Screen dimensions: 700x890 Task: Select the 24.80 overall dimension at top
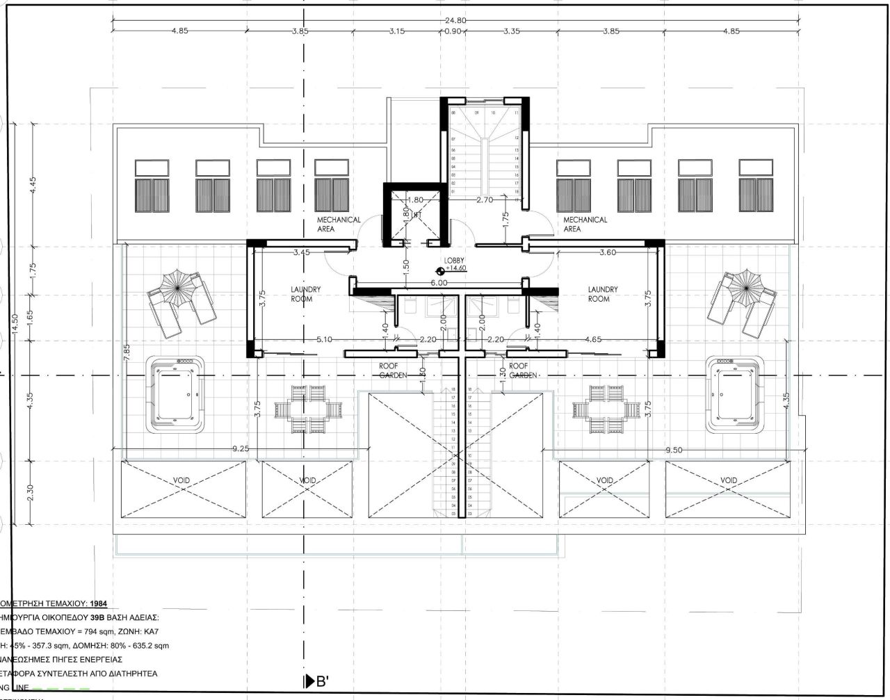[455, 20]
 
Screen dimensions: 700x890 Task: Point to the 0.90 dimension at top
[452, 31]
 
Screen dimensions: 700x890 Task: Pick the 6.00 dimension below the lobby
[438, 284]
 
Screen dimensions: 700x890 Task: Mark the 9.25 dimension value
[240, 449]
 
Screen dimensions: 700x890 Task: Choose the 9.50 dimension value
[674, 450]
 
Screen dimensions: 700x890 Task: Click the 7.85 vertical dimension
[127, 352]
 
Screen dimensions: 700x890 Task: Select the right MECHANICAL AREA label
[576, 224]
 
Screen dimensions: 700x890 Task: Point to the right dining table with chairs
[602, 407]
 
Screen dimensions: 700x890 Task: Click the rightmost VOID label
[728, 480]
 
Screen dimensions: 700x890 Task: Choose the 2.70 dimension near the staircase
[485, 200]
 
